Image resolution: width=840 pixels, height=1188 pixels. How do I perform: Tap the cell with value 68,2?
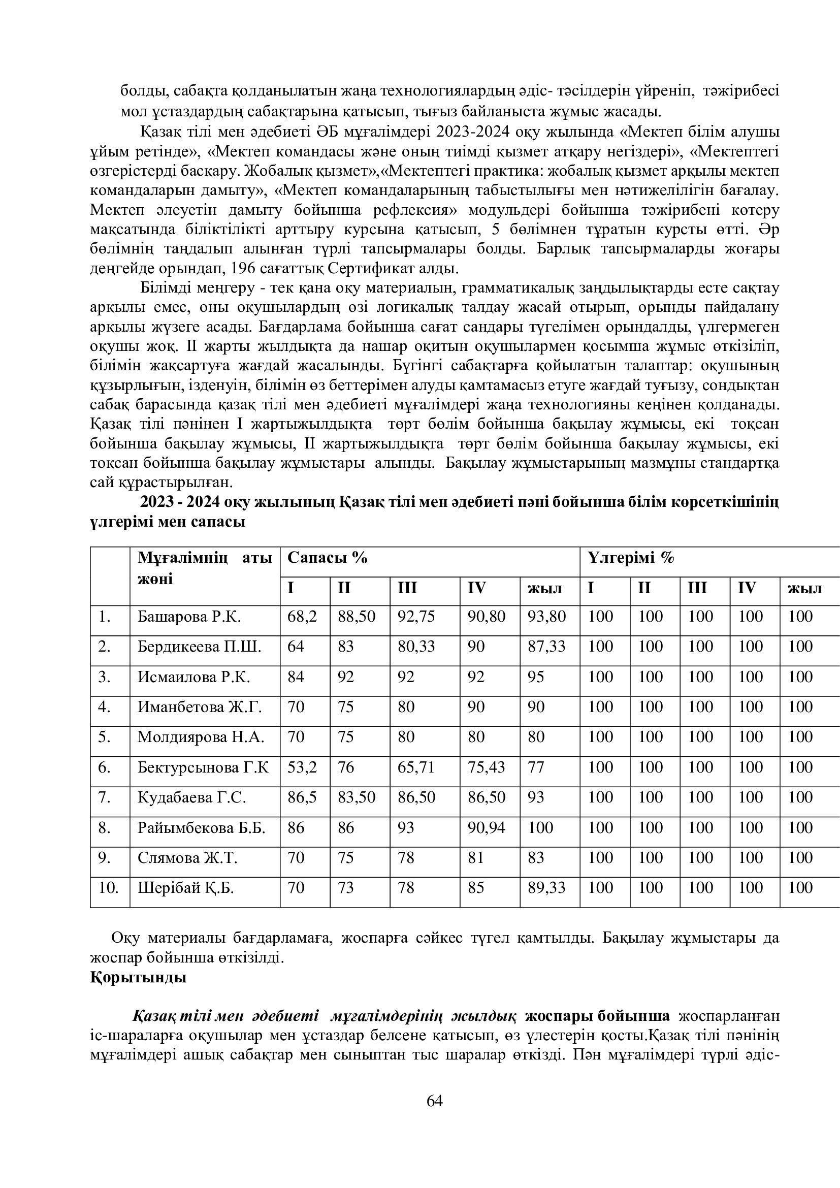coord(302,617)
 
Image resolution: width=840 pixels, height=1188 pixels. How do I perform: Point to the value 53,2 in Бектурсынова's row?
coord(302,767)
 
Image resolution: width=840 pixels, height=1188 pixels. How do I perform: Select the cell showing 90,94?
coord(486,828)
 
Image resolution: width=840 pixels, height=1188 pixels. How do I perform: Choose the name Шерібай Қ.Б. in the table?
coord(186,888)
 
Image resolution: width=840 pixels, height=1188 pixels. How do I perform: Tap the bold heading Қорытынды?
coord(138,978)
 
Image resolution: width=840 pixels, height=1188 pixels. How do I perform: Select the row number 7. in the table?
coord(105,798)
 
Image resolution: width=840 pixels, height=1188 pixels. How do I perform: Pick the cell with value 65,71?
coord(416,767)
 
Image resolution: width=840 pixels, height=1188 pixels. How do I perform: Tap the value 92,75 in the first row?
coord(416,617)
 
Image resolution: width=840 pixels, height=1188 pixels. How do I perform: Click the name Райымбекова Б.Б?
coord(201,828)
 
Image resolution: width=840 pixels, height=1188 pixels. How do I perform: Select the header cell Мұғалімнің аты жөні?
coord(204,569)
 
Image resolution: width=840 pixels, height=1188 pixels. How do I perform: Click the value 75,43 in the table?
coord(486,767)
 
